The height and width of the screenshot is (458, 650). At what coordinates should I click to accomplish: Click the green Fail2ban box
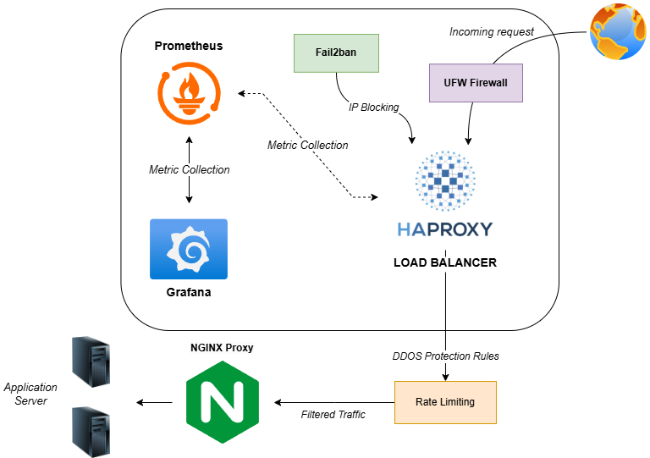(335, 52)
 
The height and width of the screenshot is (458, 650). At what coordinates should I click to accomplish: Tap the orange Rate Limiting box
(445, 402)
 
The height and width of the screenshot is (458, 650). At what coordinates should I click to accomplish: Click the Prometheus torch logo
(189, 93)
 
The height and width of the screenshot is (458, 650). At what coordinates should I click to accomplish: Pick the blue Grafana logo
(189, 249)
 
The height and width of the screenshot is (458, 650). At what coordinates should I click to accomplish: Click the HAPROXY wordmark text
(444, 229)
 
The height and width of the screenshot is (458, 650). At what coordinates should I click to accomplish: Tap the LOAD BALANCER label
(445, 262)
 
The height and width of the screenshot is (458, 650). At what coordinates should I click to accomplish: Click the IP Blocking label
(373, 108)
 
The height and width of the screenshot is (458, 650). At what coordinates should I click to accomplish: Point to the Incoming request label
(492, 32)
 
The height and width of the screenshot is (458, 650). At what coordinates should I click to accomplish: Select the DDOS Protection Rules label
(445, 356)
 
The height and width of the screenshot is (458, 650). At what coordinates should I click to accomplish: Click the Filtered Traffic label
(333, 414)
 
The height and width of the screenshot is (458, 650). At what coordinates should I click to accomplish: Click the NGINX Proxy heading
(222, 347)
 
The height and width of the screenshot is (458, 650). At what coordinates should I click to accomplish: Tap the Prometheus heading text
(189, 46)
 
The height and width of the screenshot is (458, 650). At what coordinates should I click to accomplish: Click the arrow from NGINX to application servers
(156, 402)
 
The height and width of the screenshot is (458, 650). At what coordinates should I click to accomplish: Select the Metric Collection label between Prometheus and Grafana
(189, 169)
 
